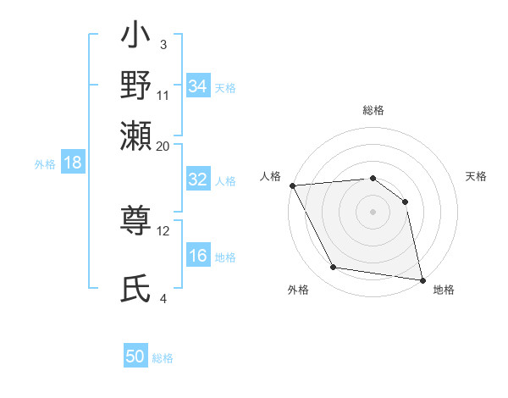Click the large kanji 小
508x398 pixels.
(x=136, y=38)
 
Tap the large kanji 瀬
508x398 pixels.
(x=136, y=135)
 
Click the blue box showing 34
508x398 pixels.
(x=198, y=86)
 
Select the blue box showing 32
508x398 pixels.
(x=198, y=180)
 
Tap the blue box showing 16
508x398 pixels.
(x=198, y=256)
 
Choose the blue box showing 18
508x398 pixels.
(x=73, y=163)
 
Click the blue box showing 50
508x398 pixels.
(x=135, y=357)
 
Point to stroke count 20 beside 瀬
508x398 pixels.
(x=163, y=146)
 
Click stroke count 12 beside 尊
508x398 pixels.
(x=163, y=230)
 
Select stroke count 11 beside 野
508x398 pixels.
(x=163, y=95)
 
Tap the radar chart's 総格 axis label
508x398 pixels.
(x=373, y=110)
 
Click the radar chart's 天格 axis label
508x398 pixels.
(x=477, y=176)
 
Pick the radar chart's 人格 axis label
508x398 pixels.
(x=271, y=176)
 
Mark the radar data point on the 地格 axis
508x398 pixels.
(x=422, y=279)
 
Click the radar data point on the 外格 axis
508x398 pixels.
(x=334, y=268)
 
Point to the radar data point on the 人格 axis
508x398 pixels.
(x=292, y=185)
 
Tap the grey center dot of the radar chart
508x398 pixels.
(x=373, y=212)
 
